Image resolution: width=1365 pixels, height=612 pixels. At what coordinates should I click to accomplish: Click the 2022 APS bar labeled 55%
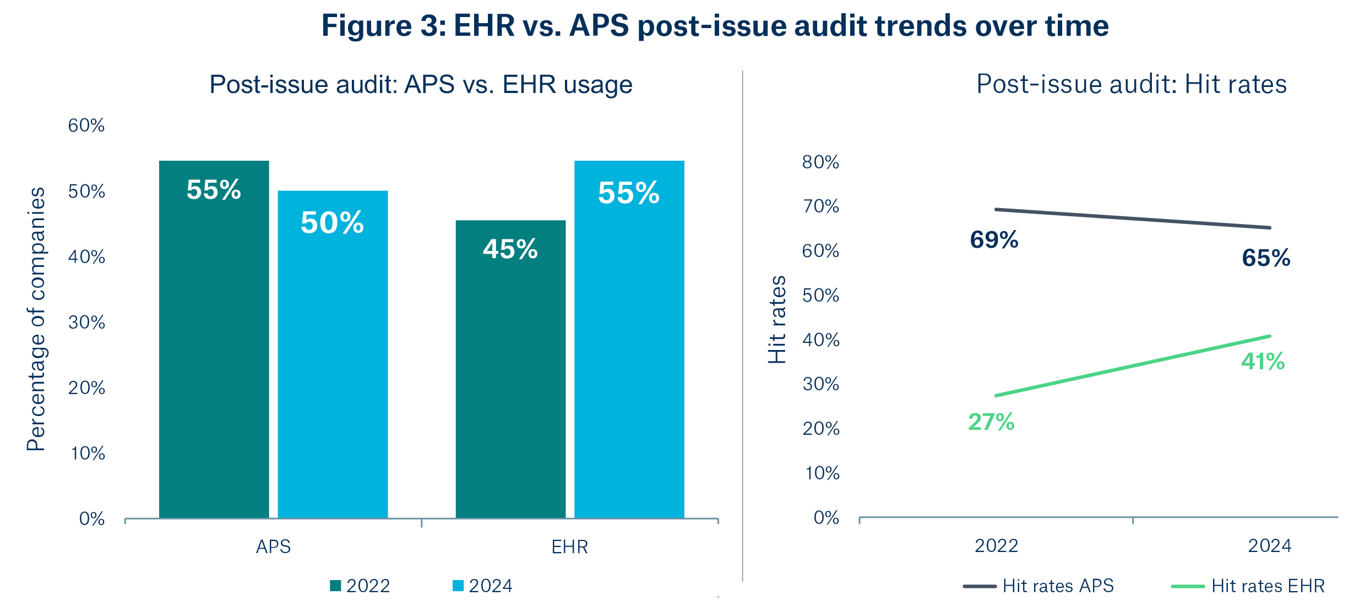click(214, 341)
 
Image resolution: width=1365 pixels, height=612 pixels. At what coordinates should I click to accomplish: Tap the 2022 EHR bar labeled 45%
click(510, 369)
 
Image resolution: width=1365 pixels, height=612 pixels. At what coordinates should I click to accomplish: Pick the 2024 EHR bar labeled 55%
click(629, 341)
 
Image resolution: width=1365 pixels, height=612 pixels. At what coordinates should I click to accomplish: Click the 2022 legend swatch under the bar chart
click(335, 586)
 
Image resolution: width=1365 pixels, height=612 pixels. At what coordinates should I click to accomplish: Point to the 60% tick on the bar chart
click(86, 125)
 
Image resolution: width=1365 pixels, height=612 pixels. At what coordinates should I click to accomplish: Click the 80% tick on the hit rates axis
click(820, 162)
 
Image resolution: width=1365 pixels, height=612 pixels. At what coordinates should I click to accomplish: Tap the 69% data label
click(994, 240)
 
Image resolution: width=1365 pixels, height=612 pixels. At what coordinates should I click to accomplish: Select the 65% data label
click(1265, 258)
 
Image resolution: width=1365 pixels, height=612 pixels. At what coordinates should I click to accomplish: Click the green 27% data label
click(991, 422)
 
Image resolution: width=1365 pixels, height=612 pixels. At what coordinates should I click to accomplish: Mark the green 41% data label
click(1263, 362)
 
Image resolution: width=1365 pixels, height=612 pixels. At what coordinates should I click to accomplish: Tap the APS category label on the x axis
click(273, 547)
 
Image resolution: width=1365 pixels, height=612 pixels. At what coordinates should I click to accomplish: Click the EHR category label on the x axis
click(570, 547)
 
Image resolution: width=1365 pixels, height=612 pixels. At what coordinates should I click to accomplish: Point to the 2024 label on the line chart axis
click(1269, 546)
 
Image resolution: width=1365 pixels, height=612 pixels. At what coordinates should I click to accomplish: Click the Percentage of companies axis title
click(36, 319)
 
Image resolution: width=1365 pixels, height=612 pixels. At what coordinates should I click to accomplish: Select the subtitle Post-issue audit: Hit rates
click(1132, 85)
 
